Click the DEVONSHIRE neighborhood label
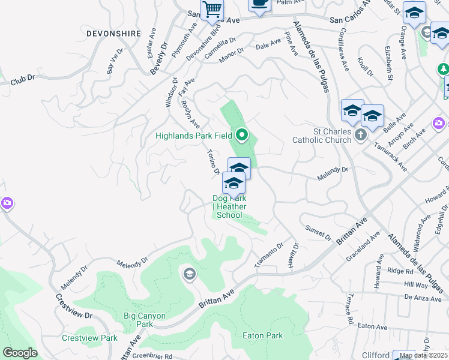point(113,34)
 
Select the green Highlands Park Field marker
point(242,135)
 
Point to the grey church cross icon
point(360,135)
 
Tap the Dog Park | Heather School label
point(229,206)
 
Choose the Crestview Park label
point(89,338)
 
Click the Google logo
point(20,353)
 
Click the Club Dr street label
point(23,78)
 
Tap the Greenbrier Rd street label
point(152,356)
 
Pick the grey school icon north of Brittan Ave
point(190,275)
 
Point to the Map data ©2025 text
point(423,355)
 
